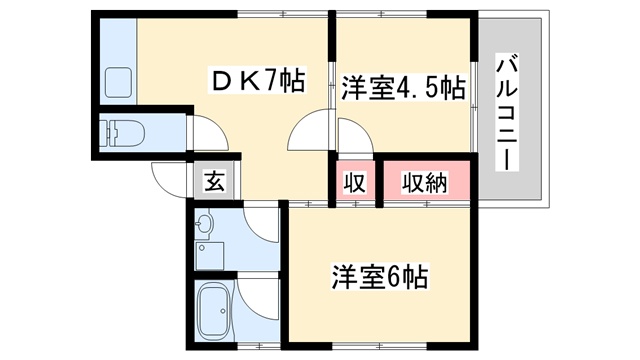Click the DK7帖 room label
(257, 80)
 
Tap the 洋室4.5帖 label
(403, 87)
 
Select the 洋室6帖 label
(380, 277)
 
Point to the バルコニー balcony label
(507, 112)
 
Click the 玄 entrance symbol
(214, 181)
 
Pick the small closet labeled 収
(355, 182)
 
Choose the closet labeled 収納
(424, 182)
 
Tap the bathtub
(214, 310)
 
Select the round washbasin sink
(204, 224)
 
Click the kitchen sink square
(119, 82)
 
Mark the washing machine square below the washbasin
(209, 256)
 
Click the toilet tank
(105, 133)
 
